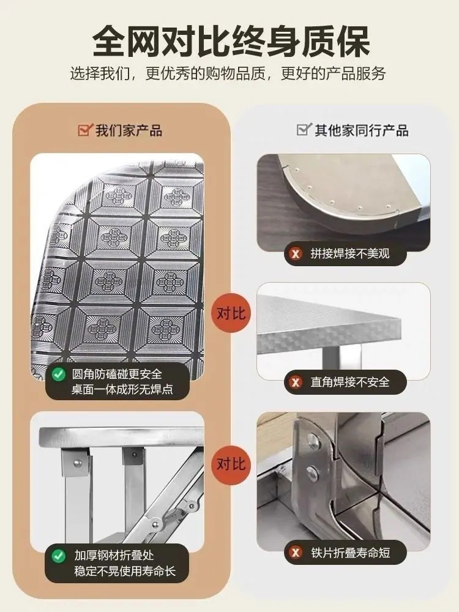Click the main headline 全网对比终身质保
[231, 42]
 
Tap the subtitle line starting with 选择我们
[228, 73]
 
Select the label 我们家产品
[129, 130]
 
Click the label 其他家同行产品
[362, 130]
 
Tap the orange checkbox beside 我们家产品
[86, 129]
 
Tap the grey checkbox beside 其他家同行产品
[304, 129]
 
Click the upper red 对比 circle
[231, 313]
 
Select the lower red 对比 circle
[231, 464]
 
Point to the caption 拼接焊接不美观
[350, 254]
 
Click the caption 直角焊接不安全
[350, 382]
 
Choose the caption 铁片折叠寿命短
[351, 553]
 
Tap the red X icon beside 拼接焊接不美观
[296, 254]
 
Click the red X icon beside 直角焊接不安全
[296, 382]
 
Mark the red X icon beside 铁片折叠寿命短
[296, 553]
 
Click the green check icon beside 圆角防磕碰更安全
[59, 375]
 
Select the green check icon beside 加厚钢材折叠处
[59, 556]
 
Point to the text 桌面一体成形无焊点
[122, 389]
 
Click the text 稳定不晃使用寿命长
[125, 572]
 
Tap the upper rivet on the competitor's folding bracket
[313, 441]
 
